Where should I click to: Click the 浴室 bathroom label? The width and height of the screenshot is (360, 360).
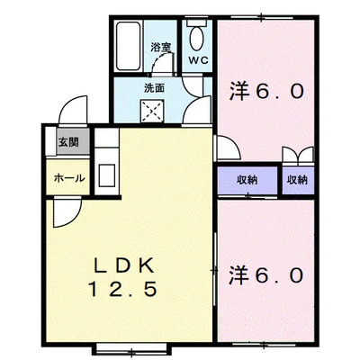(160, 46)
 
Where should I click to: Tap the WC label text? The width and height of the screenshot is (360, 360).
(196, 61)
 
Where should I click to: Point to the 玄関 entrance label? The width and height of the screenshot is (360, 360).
(68, 142)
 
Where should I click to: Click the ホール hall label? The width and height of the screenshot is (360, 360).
(69, 178)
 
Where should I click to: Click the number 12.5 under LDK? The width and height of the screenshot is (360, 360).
(126, 290)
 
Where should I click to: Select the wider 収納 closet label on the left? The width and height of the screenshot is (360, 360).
(247, 180)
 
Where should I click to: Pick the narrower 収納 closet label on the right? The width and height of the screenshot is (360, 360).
(297, 180)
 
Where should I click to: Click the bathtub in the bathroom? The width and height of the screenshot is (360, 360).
(129, 49)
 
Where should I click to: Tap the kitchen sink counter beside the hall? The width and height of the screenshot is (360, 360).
(105, 166)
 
